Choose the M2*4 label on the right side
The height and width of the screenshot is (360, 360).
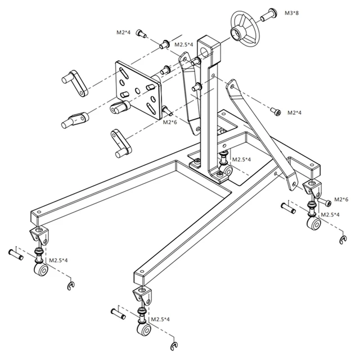294,112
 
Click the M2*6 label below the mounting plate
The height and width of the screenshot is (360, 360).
170,122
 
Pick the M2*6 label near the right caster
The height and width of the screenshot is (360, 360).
341,199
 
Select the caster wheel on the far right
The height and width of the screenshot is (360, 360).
313,225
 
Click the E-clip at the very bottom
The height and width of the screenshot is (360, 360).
174,344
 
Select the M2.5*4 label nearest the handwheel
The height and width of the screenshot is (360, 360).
184,44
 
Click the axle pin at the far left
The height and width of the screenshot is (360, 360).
15,253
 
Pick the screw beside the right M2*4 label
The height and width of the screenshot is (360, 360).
275,111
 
